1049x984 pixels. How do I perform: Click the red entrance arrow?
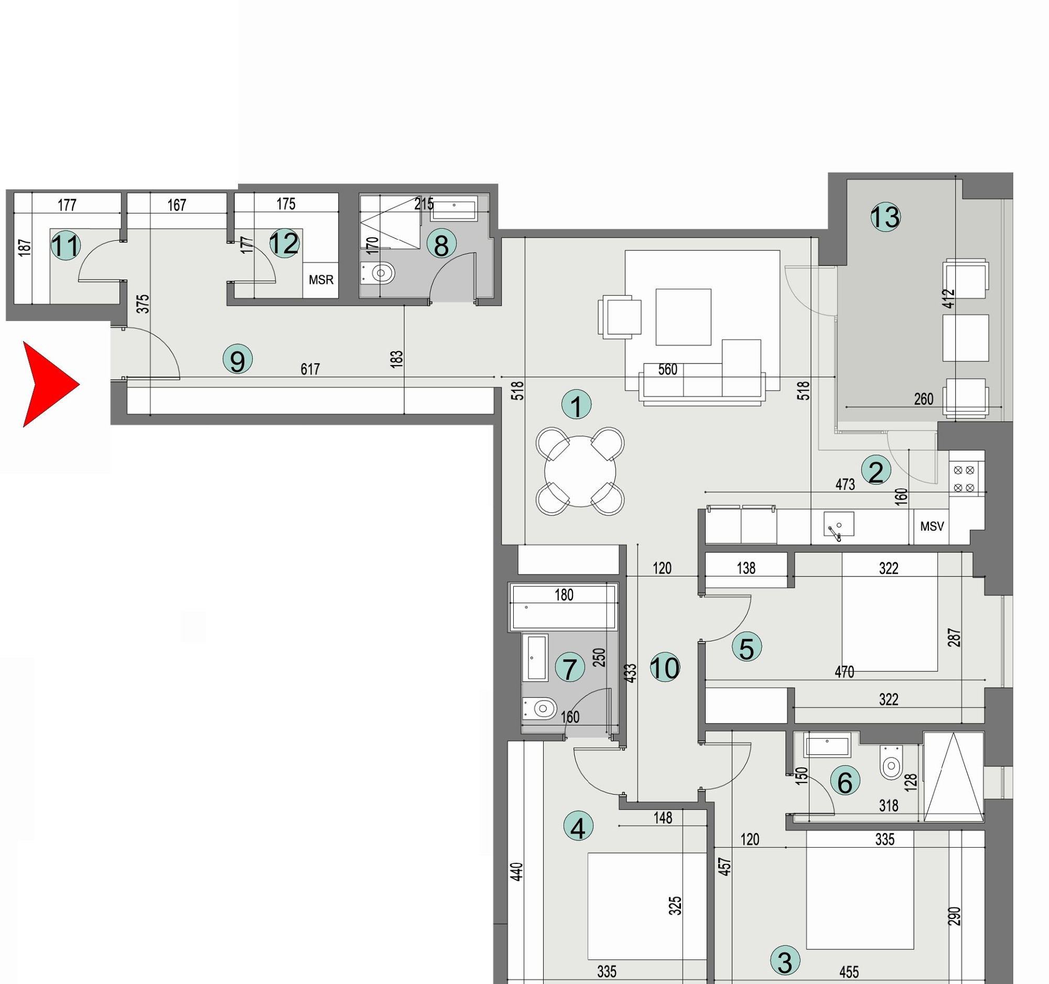click(x=49, y=384)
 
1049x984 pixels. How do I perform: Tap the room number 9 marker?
click(x=237, y=359)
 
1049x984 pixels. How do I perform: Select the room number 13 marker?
click(x=885, y=217)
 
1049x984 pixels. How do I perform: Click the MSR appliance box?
click(x=321, y=280)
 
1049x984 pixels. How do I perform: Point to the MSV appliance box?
click(x=932, y=526)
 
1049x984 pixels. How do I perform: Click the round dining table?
click(x=580, y=471)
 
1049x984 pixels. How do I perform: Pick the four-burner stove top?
click(x=964, y=479)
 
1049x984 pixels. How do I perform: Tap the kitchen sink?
click(x=838, y=525)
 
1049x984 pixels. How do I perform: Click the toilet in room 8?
click(x=380, y=273)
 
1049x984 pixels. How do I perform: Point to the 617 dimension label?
click(x=310, y=369)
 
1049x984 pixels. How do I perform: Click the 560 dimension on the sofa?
click(x=667, y=370)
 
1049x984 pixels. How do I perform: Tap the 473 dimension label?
click(x=845, y=484)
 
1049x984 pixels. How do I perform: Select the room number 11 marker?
click(x=66, y=245)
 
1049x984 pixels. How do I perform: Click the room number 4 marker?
click(x=578, y=826)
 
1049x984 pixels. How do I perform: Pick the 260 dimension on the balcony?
click(x=923, y=399)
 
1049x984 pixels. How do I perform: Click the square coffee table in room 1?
click(x=683, y=317)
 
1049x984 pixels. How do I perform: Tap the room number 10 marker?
click(x=665, y=667)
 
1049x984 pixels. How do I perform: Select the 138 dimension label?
click(x=745, y=568)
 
